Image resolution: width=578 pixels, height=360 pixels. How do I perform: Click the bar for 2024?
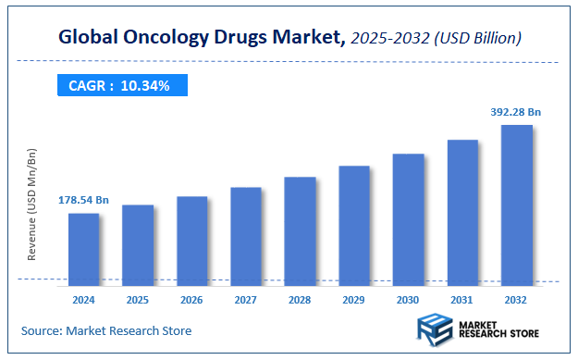83,248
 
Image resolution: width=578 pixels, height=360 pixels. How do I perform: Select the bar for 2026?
191,240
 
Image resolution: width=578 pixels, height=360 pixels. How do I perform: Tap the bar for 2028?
300,230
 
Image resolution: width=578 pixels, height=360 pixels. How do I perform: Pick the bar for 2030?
408,218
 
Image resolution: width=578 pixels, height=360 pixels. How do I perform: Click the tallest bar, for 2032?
516,204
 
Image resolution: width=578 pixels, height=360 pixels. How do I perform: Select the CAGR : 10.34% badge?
120,86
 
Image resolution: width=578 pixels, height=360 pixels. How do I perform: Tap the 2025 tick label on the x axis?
138,300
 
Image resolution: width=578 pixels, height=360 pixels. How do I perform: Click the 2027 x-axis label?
246,300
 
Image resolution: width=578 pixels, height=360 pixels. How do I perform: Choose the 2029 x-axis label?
354,300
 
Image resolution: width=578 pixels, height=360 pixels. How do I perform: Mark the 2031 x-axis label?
462,300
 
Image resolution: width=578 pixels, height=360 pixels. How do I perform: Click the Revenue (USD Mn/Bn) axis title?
32,204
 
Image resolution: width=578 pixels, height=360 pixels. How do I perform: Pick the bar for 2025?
138,244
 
